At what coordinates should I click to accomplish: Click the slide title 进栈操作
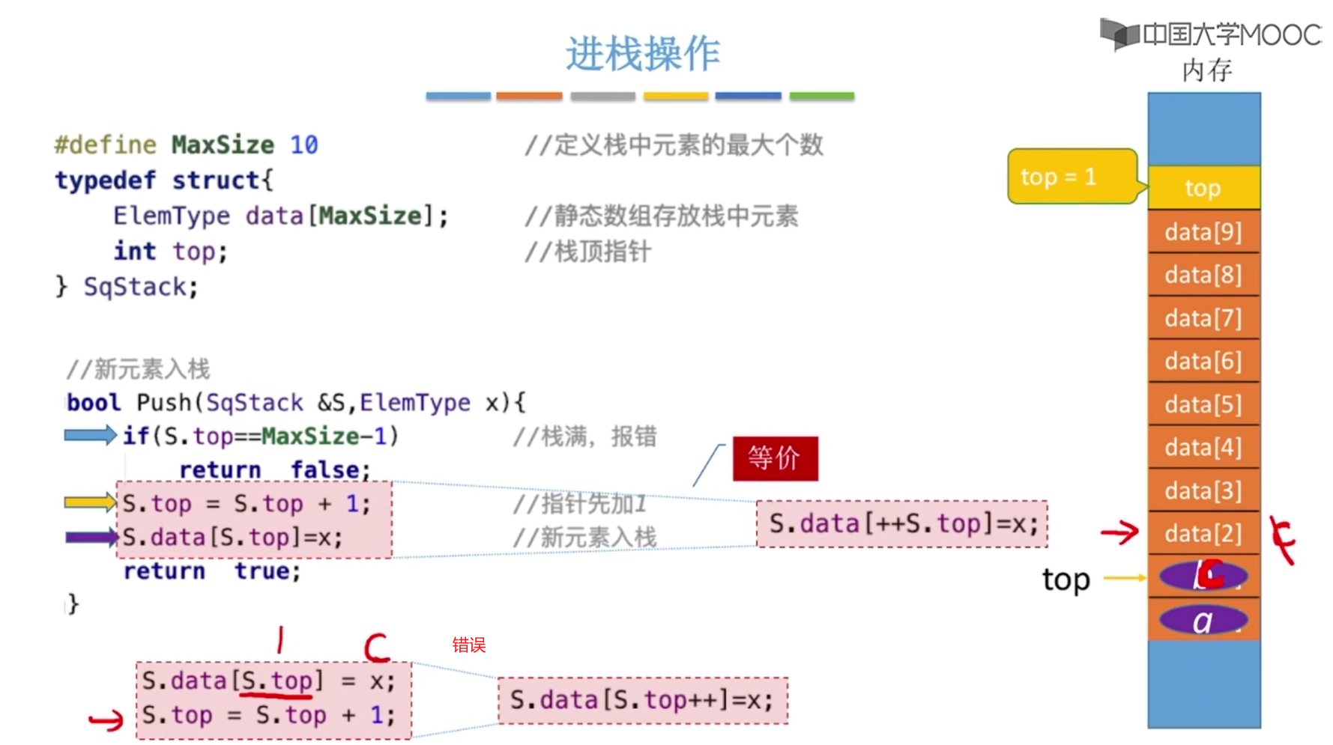tap(642, 54)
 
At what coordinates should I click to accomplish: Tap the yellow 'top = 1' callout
tap(1071, 177)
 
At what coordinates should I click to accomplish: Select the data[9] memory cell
tap(1203, 232)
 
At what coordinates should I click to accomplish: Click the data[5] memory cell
tap(1203, 405)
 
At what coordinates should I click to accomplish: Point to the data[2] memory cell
tap(1203, 534)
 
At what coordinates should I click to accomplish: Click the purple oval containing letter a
tap(1203, 621)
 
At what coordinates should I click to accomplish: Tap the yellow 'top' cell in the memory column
tap(1203, 188)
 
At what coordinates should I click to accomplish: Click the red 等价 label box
tap(775, 458)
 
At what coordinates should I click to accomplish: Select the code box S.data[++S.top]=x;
tap(902, 524)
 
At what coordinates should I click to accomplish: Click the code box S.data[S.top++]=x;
tap(642, 701)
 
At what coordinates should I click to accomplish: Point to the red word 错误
tap(469, 645)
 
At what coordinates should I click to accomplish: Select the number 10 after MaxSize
tap(303, 145)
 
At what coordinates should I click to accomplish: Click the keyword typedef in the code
tap(105, 180)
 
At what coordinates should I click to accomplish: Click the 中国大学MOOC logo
tap(1210, 34)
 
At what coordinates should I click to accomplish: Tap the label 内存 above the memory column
tap(1206, 71)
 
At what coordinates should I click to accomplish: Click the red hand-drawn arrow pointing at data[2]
tap(1119, 532)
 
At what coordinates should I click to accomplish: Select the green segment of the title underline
tap(821, 96)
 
